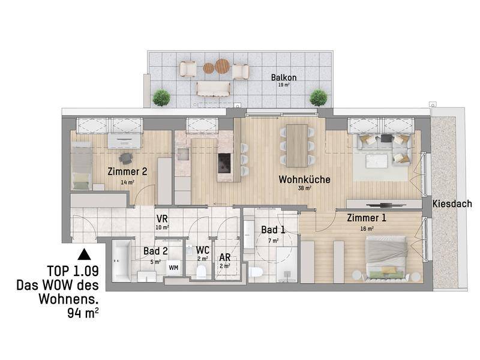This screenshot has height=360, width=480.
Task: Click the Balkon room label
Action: (284, 77)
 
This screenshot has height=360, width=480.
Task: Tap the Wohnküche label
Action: (304, 179)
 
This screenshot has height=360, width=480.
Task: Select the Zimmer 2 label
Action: (127, 172)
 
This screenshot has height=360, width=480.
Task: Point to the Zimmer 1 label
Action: (367, 218)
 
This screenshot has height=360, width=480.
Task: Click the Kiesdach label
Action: (452, 204)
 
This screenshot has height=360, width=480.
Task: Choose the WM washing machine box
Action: (173, 268)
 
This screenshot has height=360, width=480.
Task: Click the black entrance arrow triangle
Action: (84, 254)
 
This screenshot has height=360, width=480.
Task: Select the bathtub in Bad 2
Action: (122, 261)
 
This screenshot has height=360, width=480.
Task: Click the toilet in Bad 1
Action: (256, 271)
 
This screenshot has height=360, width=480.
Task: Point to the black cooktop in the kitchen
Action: (225, 163)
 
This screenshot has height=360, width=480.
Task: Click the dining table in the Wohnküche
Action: (297, 146)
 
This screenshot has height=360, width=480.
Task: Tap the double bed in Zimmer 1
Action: (387, 258)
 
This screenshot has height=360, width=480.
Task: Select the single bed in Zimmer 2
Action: (82, 166)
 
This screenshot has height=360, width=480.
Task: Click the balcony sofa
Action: (213, 89)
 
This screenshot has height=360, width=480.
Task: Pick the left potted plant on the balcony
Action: (161, 98)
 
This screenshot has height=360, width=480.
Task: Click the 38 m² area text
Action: (305, 188)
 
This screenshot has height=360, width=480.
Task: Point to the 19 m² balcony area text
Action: (284, 85)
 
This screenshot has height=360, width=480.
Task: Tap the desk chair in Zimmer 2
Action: (126, 158)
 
